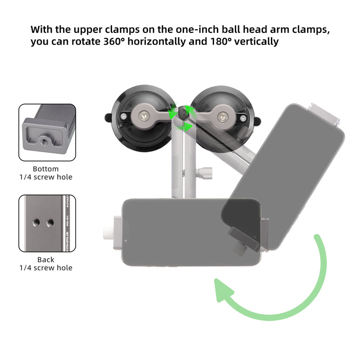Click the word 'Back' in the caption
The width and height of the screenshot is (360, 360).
coord(46,260)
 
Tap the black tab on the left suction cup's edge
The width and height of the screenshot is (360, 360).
coord(108,118)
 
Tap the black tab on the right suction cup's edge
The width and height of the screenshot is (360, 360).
coord(257,120)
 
